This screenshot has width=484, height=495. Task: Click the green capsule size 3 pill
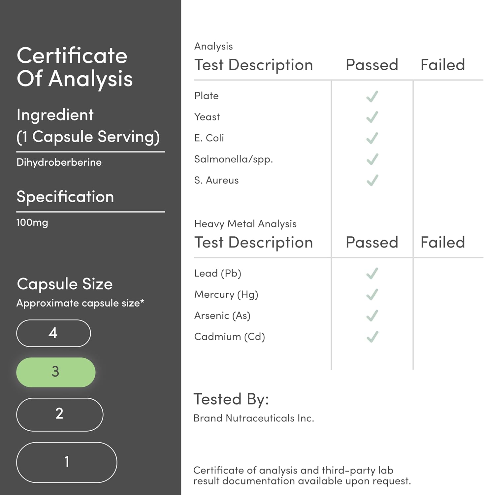[56, 372]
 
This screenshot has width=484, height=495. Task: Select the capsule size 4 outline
[53, 333]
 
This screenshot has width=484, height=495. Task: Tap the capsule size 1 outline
[67, 462]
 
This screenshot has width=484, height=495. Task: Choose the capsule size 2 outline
[60, 414]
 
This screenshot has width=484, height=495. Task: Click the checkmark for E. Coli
[372, 138]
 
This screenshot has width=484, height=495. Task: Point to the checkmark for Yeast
[372, 117]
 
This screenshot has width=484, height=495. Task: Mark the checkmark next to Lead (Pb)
[372, 273]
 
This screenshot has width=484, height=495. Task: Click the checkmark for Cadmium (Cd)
[372, 337]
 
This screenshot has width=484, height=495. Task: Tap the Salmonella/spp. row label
[233, 159]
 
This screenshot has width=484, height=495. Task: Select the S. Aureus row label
[216, 180]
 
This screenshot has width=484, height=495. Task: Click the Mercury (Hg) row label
[226, 294]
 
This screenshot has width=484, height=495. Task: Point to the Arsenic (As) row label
[222, 315]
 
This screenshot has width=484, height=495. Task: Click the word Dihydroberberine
[59, 162]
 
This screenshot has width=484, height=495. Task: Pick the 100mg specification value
[32, 222]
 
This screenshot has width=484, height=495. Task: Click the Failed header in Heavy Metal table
[442, 242]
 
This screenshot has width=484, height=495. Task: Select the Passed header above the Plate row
[372, 65]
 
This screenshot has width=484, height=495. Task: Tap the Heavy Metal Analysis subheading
[245, 224]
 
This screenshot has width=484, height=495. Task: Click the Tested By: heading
[231, 399]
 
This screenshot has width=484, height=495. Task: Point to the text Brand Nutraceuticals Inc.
[253, 418]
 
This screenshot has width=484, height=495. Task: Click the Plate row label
[206, 96]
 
